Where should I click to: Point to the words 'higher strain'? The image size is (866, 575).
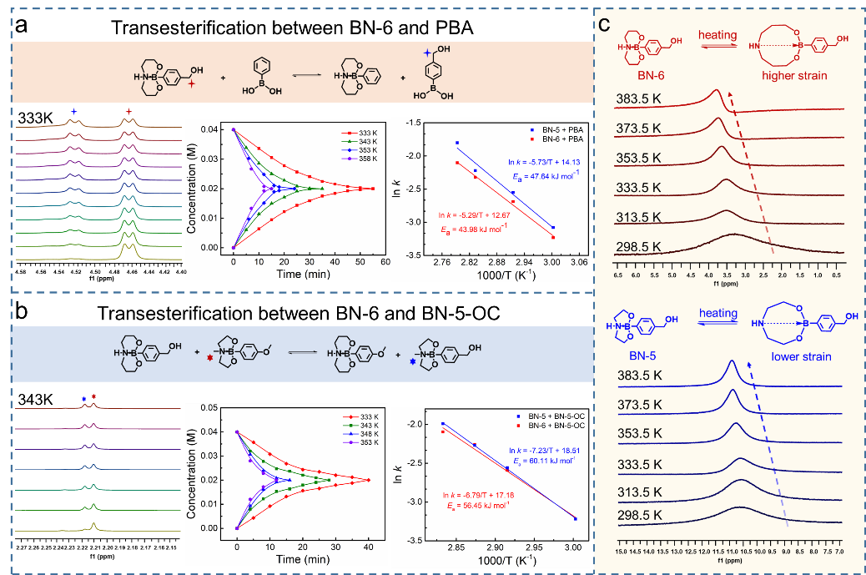(x=794, y=76)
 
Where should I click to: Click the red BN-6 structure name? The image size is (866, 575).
(x=639, y=75)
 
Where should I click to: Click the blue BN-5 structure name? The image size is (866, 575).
(x=640, y=356)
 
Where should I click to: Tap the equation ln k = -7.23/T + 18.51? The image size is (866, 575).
(x=541, y=451)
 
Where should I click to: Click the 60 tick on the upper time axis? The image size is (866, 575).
(x=385, y=261)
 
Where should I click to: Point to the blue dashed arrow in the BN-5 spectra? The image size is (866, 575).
(x=768, y=446)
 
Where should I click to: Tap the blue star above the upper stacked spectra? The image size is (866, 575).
(x=74, y=111)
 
